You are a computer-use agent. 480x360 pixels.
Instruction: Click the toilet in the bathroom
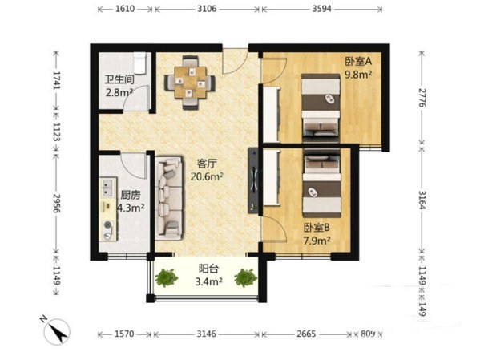139,63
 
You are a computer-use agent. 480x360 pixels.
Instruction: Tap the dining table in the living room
190,83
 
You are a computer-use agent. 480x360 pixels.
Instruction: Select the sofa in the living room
170,198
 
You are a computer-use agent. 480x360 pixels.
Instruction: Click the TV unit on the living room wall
253,180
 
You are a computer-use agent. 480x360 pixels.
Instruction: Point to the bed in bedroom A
321,108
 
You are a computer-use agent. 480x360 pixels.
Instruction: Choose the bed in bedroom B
321,184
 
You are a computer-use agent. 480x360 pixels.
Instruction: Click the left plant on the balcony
167,277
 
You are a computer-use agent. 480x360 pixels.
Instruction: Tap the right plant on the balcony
245,277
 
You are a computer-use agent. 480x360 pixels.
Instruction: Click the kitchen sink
107,188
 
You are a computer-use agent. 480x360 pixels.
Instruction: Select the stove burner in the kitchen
107,224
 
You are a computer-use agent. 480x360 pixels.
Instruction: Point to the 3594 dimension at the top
321,9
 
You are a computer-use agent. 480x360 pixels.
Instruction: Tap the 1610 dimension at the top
125,9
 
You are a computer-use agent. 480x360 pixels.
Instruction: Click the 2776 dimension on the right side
422,98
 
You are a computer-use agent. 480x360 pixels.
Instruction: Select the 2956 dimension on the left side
57,204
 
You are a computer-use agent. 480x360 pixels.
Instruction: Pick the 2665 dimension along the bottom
306,334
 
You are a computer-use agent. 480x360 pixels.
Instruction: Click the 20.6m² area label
207,176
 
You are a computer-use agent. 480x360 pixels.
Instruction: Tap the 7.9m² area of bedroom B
317,241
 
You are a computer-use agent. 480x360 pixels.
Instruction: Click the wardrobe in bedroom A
271,115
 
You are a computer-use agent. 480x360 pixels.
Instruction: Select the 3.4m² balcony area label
209,281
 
